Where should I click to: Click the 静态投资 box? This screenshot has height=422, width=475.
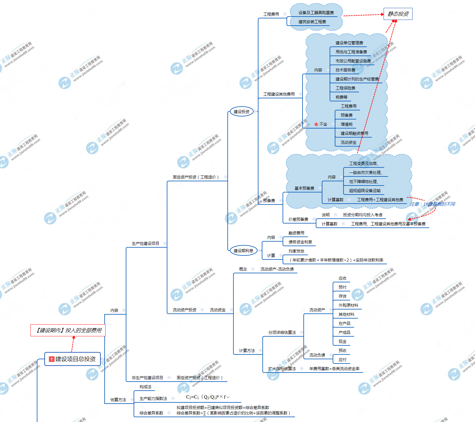398,14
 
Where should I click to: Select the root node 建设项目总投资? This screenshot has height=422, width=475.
72,359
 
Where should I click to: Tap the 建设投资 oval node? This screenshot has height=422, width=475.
241,112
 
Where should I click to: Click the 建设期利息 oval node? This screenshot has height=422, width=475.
243,251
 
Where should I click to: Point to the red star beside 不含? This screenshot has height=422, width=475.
316,124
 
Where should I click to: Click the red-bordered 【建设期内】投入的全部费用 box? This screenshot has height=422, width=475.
68,330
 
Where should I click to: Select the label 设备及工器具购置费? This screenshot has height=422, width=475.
316,13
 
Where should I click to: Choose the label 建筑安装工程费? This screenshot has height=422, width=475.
312,22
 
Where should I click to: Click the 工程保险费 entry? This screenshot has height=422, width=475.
345,88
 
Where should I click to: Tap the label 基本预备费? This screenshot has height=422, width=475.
304,188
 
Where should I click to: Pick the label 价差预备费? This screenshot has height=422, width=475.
298,219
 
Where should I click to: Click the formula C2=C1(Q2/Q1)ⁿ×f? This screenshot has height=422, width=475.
206,397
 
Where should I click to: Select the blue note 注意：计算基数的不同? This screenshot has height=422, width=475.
432,204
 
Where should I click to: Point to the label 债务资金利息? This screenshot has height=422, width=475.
300,242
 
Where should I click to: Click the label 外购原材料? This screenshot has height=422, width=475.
348,305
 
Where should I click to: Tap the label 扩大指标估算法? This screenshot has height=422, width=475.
282,369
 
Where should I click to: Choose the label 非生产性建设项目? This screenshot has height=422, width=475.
147,378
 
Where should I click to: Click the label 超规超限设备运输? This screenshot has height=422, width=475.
365,191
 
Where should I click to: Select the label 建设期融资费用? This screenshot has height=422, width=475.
354,133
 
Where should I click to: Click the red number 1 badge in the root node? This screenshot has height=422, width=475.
52,359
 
